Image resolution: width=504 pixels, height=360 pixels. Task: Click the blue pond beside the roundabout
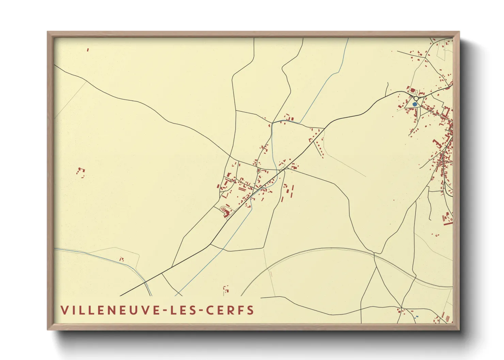414,104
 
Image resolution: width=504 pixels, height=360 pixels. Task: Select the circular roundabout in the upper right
416,98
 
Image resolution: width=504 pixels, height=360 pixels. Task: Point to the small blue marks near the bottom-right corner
417,317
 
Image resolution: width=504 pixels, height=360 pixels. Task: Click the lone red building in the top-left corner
88,50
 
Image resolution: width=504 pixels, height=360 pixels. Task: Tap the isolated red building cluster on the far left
81,171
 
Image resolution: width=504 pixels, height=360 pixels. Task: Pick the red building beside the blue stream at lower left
121,259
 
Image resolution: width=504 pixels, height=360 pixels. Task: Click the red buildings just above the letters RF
226,290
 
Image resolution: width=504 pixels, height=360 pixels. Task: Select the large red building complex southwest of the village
225,212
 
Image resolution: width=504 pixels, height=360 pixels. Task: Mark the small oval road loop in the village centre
258,170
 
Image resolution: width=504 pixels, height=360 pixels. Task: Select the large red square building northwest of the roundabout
413,91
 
